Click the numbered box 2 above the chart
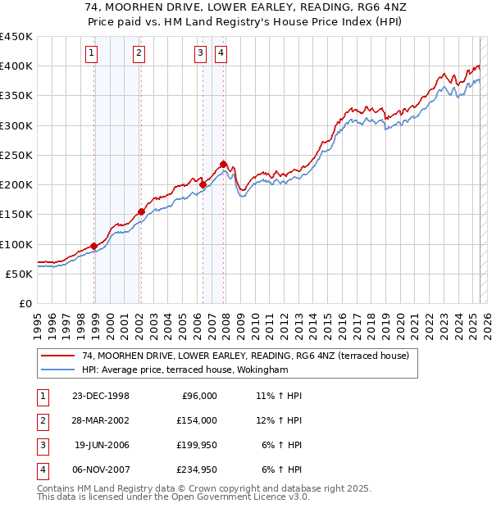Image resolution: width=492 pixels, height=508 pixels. pos(139,54)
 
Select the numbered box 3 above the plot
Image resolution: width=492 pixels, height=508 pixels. pos(200,54)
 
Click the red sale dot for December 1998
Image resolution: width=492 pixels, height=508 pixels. pos(94,246)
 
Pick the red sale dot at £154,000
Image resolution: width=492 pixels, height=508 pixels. pos(141,211)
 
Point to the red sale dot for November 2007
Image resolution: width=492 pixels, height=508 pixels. pos(223,164)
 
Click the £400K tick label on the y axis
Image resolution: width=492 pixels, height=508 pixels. pos(16,66)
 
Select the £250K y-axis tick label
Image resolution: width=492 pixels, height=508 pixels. pos(16,155)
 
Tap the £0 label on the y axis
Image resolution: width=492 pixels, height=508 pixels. pos(25,303)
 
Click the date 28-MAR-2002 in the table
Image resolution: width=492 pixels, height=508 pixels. pos(101,420)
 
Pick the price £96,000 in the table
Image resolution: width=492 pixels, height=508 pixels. pos(198,396)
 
